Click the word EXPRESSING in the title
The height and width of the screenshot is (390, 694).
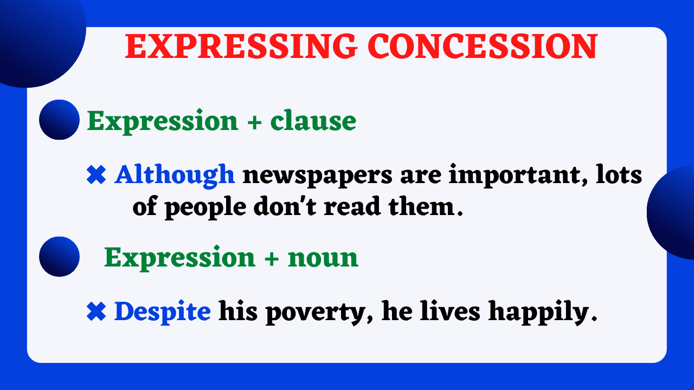click(241, 47)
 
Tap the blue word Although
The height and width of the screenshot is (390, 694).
click(174, 175)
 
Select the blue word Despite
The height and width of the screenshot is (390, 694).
click(162, 311)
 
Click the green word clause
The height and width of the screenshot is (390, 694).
click(313, 121)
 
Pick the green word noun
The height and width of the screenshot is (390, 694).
click(323, 257)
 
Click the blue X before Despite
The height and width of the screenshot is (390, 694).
click(96, 312)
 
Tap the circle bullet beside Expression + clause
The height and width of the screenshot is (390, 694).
click(60, 120)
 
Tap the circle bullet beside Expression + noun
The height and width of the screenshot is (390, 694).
click(60, 257)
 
